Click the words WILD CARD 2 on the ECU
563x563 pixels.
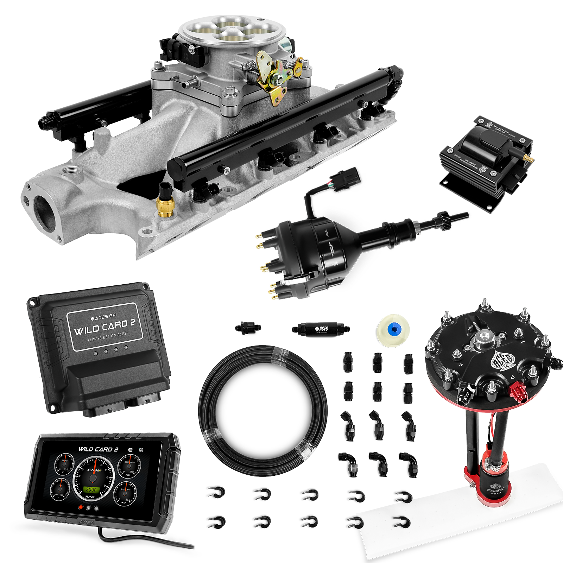[x=105, y=327]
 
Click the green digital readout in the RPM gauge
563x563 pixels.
[x=92, y=489]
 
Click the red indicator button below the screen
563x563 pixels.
[x=81, y=507]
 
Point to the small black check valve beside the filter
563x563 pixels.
[x=248, y=328]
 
